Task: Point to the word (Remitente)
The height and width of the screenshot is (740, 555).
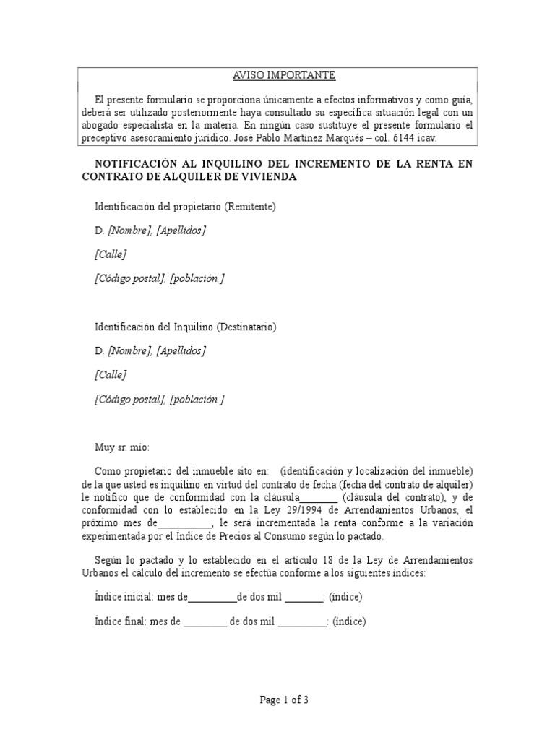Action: [250, 207]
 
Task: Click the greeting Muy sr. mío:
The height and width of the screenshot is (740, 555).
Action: [122, 447]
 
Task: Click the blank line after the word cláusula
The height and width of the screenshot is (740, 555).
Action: [318, 498]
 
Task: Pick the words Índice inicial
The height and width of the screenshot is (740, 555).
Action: [120, 597]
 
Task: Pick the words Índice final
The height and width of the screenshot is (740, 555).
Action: [118, 621]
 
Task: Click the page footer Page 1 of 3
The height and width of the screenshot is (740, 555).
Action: [277, 700]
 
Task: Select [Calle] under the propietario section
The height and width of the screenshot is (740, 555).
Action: [111, 254]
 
